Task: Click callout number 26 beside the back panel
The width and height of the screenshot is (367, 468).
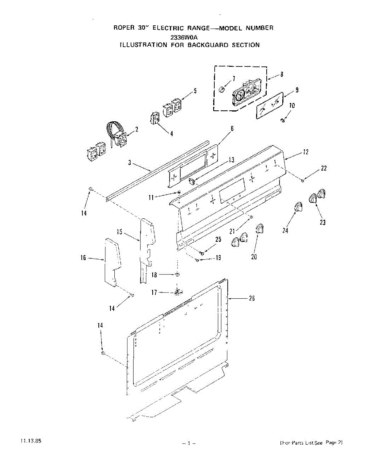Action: coord(252,299)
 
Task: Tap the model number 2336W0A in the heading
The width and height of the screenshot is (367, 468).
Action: coord(184,37)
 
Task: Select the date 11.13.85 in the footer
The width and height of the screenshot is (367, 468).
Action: coord(29,441)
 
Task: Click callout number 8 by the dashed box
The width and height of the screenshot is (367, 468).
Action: coord(281,74)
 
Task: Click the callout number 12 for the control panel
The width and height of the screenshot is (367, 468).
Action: coord(306,152)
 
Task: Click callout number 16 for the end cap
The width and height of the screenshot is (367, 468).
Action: coord(83,258)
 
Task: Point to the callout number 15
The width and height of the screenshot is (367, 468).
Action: coord(119,232)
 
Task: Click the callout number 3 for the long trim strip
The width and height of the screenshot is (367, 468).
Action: coord(129,163)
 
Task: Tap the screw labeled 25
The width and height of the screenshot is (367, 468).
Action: coord(201,253)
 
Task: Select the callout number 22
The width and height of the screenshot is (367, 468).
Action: coord(324,168)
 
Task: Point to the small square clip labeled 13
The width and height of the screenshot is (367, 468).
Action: coord(191,180)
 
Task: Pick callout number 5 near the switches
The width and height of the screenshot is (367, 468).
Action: coord(195,91)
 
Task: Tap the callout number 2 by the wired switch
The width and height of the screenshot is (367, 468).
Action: coord(137,129)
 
